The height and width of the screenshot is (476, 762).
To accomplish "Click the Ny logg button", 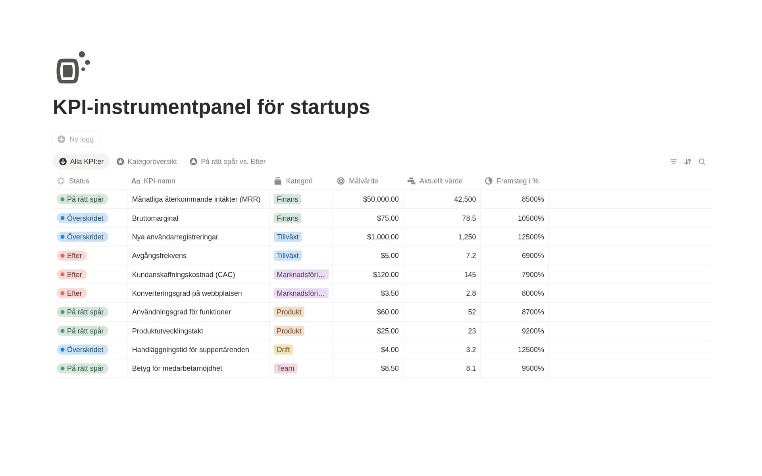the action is [76, 139].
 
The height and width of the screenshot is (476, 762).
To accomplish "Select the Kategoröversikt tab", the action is [147, 162].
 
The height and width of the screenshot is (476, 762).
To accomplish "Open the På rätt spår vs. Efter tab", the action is [228, 162].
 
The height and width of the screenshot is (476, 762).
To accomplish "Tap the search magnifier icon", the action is [702, 162].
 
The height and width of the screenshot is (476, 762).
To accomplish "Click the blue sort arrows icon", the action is [688, 162].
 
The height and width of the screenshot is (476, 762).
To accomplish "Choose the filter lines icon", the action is [673, 162].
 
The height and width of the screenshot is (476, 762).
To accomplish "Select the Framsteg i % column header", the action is [512, 181].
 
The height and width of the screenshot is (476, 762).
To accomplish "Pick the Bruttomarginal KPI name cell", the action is [155, 218].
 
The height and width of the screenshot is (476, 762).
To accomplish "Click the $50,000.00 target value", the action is [381, 199].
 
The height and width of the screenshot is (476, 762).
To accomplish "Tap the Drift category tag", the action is [283, 350].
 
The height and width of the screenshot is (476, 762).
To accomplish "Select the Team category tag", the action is [285, 368].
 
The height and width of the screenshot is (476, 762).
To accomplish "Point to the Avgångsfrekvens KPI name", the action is [159, 256].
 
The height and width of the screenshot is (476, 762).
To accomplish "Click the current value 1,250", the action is [467, 237].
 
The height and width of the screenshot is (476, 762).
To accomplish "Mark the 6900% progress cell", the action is [533, 256].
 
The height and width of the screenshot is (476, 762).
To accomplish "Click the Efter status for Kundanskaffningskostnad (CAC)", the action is [72, 275].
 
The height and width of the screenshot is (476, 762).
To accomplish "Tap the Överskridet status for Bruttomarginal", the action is [83, 218].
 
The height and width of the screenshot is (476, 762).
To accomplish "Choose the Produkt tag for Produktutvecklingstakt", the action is [289, 331].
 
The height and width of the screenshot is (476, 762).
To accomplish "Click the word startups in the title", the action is [330, 107].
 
